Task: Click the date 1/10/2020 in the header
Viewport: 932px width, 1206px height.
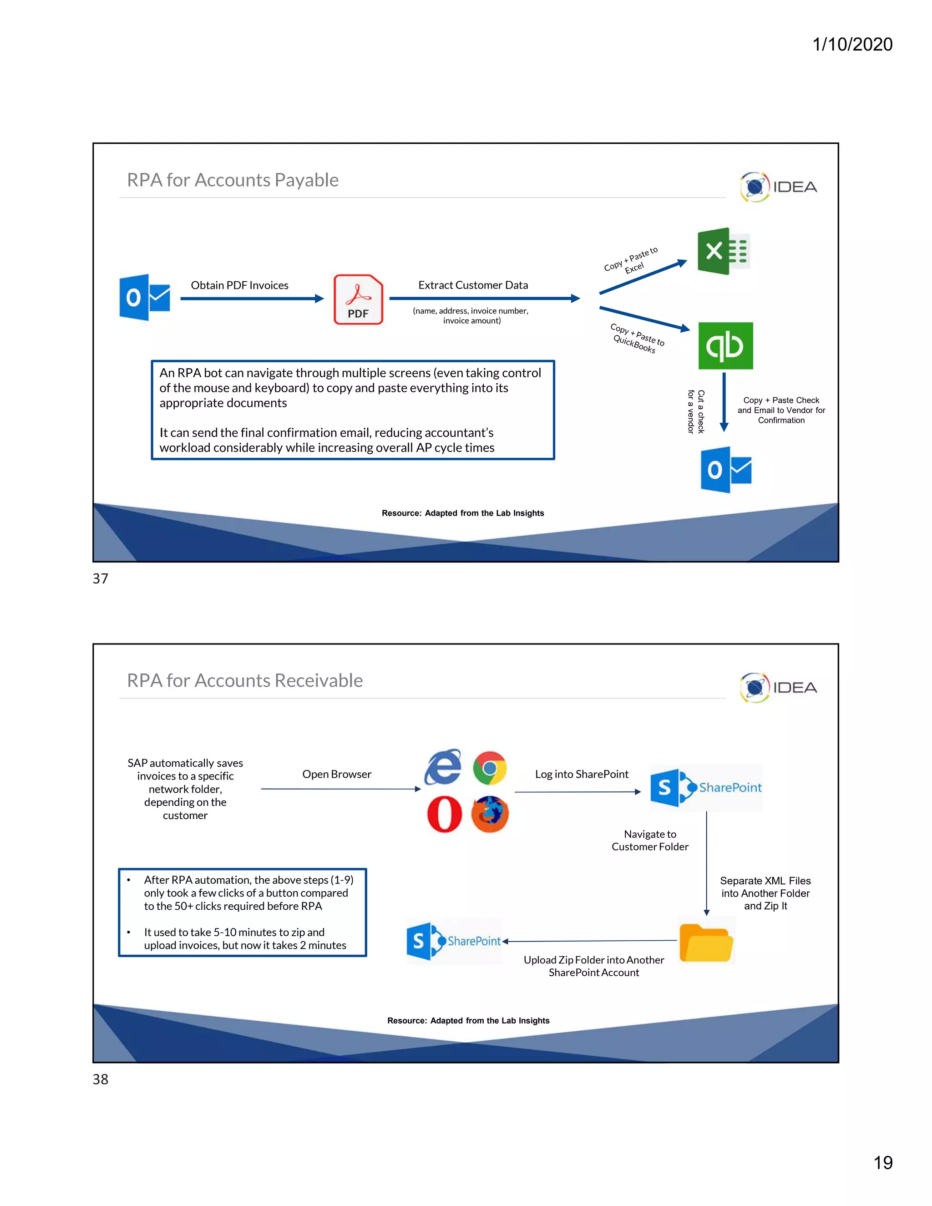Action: point(852,44)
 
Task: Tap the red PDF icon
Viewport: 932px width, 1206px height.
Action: point(358,299)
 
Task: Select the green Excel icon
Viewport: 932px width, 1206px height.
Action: point(723,251)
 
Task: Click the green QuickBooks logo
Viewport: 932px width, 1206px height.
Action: point(725,346)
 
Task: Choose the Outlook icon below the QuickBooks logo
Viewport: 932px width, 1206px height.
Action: point(725,470)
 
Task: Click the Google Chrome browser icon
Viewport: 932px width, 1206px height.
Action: point(490,768)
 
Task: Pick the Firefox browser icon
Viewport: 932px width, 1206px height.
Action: point(490,814)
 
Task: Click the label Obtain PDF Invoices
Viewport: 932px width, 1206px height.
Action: point(240,285)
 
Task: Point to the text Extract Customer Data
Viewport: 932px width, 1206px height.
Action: point(473,285)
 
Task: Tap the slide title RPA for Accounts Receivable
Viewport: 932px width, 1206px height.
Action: point(244,680)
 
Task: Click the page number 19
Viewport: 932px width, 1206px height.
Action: point(883,1162)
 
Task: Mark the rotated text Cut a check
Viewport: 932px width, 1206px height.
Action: point(701,412)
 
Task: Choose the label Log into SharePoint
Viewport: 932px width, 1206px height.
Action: point(582,774)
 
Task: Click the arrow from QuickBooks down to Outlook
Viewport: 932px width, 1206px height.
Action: point(724,402)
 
